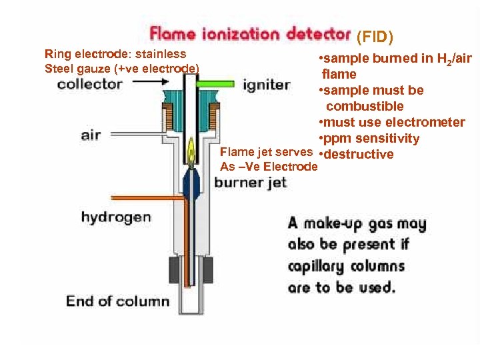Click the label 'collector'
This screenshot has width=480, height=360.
pyautogui.click(x=89, y=84)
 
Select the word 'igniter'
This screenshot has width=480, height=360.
pyautogui.click(x=266, y=85)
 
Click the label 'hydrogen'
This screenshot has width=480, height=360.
pyautogui.click(x=115, y=217)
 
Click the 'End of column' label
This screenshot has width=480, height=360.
pyautogui.click(x=117, y=301)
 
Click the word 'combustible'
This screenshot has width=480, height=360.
pyautogui.click(x=365, y=107)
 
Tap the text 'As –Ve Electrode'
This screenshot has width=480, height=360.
pyautogui.click(x=268, y=167)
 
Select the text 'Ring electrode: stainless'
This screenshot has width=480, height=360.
pyautogui.click(x=115, y=54)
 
